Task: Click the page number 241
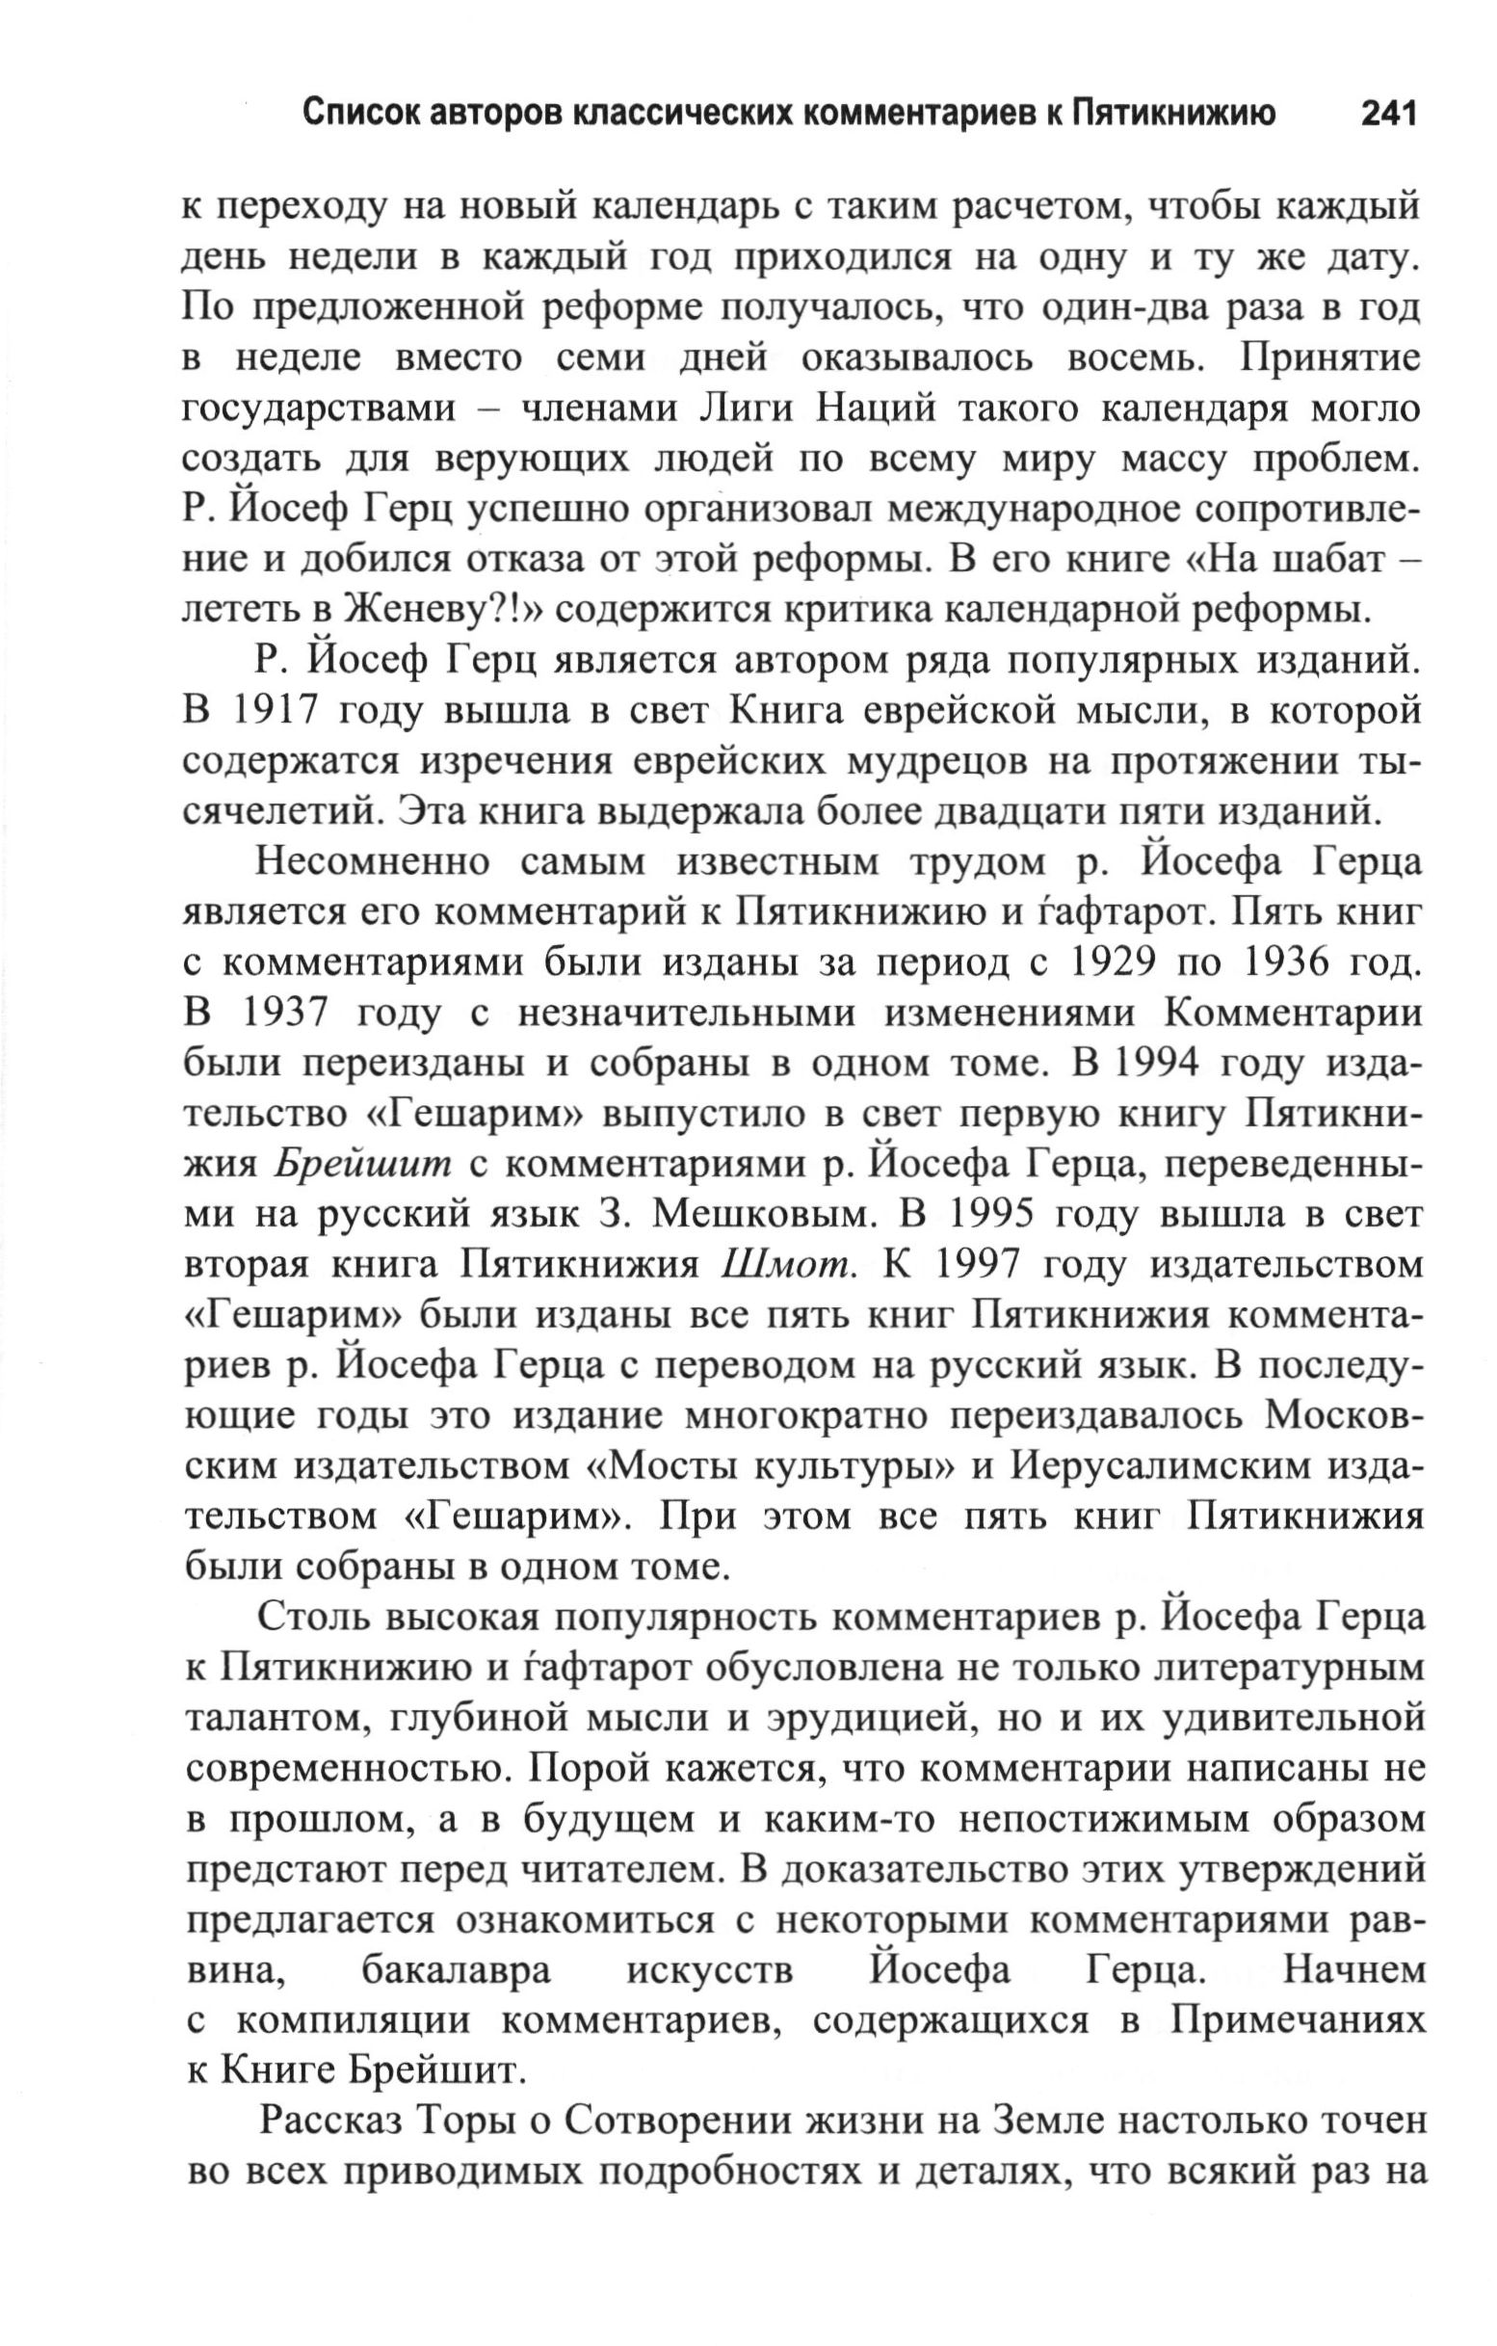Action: click(1386, 114)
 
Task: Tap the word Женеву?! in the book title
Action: click(440, 610)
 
